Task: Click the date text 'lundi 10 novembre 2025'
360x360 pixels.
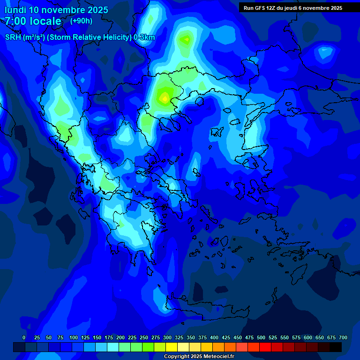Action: [x=56, y=10]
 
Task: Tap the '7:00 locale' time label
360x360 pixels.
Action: [x=33, y=21]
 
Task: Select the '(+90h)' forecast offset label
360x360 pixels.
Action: [x=81, y=21]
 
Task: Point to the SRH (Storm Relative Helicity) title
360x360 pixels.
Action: [x=80, y=37]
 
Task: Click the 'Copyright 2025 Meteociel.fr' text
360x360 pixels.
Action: [x=199, y=357]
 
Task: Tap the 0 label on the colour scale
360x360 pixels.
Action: [x=24, y=337]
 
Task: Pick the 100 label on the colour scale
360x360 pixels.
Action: [x=74, y=337]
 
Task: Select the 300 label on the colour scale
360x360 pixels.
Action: [x=167, y=337]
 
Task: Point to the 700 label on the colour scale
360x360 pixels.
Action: [x=343, y=337]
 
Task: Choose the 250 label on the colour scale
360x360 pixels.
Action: [x=144, y=337]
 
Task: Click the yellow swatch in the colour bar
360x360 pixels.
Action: [x=172, y=347]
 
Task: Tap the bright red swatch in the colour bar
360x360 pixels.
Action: [x=265, y=347]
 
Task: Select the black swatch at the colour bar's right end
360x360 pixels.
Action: [x=336, y=347]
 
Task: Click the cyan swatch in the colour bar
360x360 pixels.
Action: [x=113, y=347]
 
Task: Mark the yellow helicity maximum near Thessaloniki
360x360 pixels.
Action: [x=164, y=98]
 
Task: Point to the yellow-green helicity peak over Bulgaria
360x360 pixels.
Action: [x=187, y=40]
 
